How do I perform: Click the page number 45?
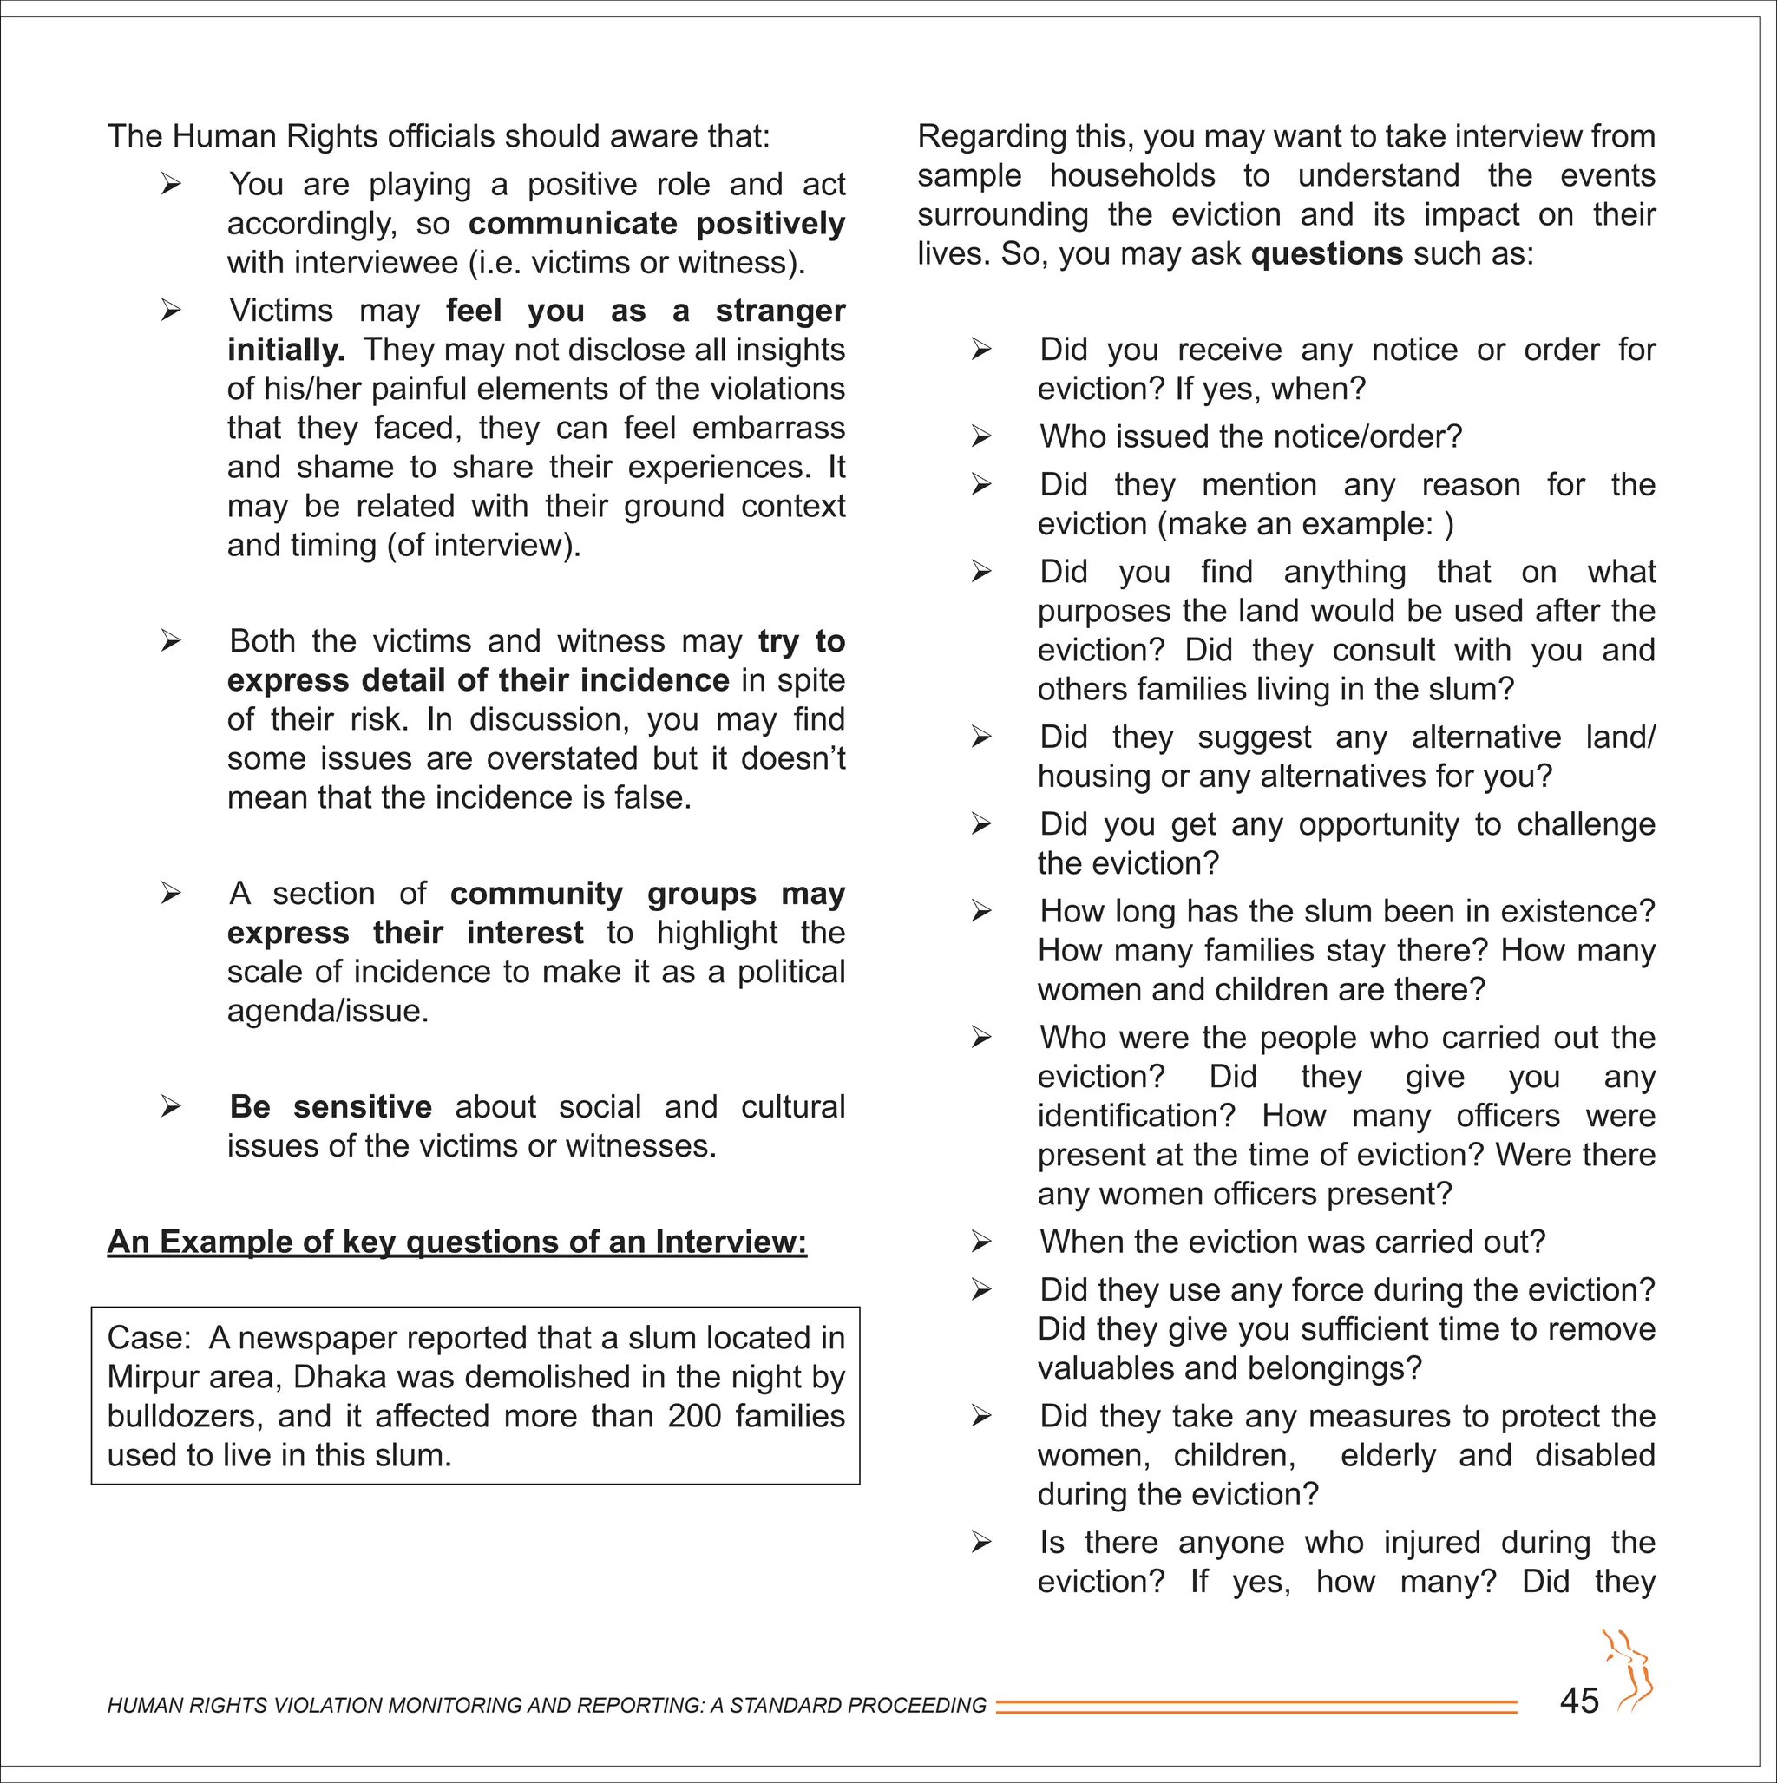pyautogui.click(x=1578, y=1700)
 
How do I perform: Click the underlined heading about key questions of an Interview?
pyautogui.click(x=457, y=1242)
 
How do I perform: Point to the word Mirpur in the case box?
pyautogui.click(x=149, y=1377)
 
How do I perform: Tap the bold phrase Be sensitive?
pyautogui.click(x=331, y=1106)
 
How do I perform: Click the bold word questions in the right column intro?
pyautogui.click(x=1327, y=252)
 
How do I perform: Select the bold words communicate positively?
pyautogui.click(x=656, y=223)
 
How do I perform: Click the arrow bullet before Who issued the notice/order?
pyautogui.click(x=981, y=436)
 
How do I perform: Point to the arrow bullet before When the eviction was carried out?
pyautogui.click(x=981, y=1242)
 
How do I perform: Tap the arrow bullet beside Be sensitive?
pyautogui.click(x=171, y=1106)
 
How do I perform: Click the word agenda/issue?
pyautogui.click(x=328, y=1011)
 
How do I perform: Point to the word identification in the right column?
pyautogui.click(x=1136, y=1116)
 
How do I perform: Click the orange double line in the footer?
pyautogui.click(x=1256, y=1707)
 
